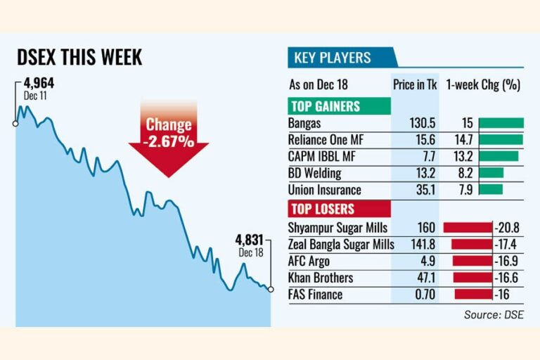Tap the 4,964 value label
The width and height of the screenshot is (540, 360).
pyautogui.click(x=39, y=84)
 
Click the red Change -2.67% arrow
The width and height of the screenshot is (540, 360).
pyautogui.click(x=169, y=137)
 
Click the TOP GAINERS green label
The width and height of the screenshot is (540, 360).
pyautogui.click(x=325, y=106)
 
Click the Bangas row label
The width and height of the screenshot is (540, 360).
pyautogui.click(x=304, y=123)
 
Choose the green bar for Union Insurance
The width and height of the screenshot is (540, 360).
pyautogui.click(x=490, y=189)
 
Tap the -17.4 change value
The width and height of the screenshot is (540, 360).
pyautogui.click(x=507, y=245)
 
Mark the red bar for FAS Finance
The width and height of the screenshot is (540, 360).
pyautogui.click(x=474, y=295)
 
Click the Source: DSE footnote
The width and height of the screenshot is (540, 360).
pyautogui.click(x=494, y=314)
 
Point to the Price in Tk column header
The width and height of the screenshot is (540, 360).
pyautogui.click(x=415, y=85)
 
